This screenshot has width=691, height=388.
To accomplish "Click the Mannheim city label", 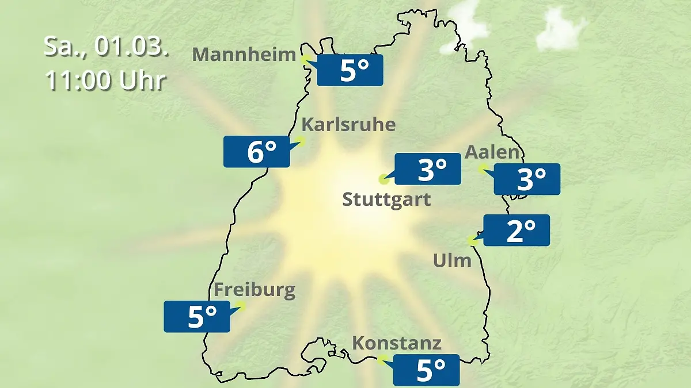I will coord(244,55).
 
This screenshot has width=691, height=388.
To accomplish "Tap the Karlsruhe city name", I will coord(349,125).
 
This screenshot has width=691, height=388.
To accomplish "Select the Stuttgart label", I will coord(386,200).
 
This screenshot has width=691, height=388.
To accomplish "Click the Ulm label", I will coord(452,261).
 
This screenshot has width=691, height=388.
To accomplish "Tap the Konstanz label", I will coord(397,344).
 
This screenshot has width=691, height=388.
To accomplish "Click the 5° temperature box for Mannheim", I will coord(350,70).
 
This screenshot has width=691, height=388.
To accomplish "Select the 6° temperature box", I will coord(257,152).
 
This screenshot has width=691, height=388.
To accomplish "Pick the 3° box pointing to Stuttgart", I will coord(428,169).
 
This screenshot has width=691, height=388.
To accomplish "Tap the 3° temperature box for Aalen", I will coord(527,179).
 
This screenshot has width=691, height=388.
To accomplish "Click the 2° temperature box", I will coord(517,231).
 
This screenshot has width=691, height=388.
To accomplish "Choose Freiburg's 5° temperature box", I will coord(197,316).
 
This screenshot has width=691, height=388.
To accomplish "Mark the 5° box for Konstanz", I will coord(426,370).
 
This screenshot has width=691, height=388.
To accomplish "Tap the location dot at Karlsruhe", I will coord(299,140).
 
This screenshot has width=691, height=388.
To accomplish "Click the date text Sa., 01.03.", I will coord(107,47).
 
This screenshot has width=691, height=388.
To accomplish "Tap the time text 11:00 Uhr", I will coord(105,81).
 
